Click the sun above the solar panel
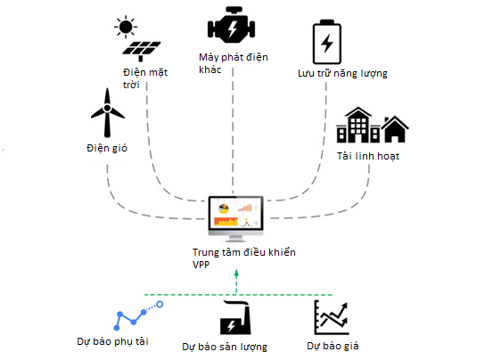click(x=126, y=27)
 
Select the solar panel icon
click(x=142, y=51)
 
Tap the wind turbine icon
click(x=107, y=112)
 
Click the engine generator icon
click(x=231, y=25)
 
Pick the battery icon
click(x=327, y=42)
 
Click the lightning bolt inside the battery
click(x=327, y=43)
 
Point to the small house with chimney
click(x=395, y=129)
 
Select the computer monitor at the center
click(x=236, y=219)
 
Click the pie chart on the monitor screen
click(x=224, y=209)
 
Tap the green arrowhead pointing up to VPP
click(x=236, y=273)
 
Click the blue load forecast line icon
click(x=138, y=315)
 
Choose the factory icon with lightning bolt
click(x=235, y=317)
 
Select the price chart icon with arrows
click(x=332, y=317)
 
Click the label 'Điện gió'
click(x=107, y=148)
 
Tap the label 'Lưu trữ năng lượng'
click(x=342, y=73)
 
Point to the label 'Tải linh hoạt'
click(x=368, y=156)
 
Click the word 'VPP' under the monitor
click(x=201, y=265)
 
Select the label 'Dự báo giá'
click(x=333, y=346)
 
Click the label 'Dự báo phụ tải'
click(x=113, y=341)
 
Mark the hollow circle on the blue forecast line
click(x=160, y=305)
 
